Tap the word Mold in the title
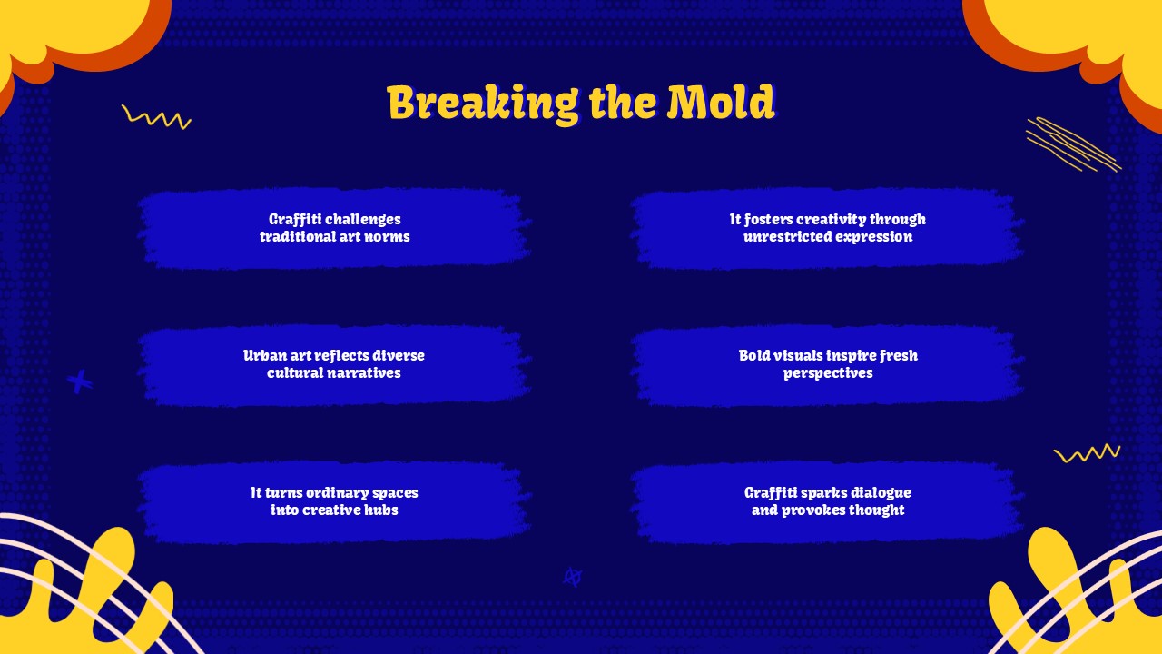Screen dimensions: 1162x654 [721, 102]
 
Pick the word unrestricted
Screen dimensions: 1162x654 [781, 237]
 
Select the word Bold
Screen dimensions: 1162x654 [753, 355]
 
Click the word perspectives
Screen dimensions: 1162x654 [828, 373]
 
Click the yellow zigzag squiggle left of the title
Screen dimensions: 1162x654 [156, 117]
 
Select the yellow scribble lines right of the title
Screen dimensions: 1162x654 [1073, 144]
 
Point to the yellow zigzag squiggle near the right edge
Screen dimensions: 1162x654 [1088, 453]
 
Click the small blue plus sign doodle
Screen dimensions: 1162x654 [79, 382]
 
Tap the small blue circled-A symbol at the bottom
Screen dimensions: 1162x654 [573, 577]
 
